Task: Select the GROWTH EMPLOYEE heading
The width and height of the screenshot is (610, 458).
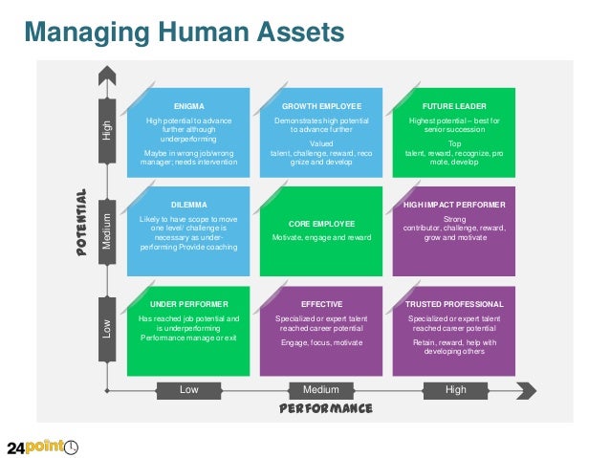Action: pyautogui.click(x=320, y=105)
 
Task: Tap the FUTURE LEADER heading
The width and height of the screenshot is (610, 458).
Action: pyautogui.click(x=454, y=105)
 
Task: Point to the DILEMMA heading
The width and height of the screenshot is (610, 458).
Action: pyautogui.click(x=188, y=205)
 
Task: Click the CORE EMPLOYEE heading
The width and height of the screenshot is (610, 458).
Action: pyautogui.click(x=321, y=224)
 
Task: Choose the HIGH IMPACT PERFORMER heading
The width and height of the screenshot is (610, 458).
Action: pyautogui.click(x=454, y=205)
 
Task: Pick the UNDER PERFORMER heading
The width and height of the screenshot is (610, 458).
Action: pyautogui.click(x=188, y=304)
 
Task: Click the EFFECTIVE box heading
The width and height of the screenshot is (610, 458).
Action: pyautogui.click(x=321, y=304)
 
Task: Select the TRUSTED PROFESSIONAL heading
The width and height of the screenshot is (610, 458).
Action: pyautogui.click(x=454, y=304)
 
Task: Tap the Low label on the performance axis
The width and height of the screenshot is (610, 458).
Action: pyautogui.click(x=189, y=389)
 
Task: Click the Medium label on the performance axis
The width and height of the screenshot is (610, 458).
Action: pyautogui.click(x=321, y=389)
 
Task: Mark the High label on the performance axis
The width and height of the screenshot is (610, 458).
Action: pyautogui.click(x=456, y=389)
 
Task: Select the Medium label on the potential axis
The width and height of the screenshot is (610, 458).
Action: pyautogui.click(x=107, y=229)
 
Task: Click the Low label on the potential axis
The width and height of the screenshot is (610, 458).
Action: pyautogui.click(x=107, y=329)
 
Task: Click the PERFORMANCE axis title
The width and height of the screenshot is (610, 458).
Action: pyautogui.click(x=325, y=408)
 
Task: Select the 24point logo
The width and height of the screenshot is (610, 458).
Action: pyautogui.click(x=43, y=447)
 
